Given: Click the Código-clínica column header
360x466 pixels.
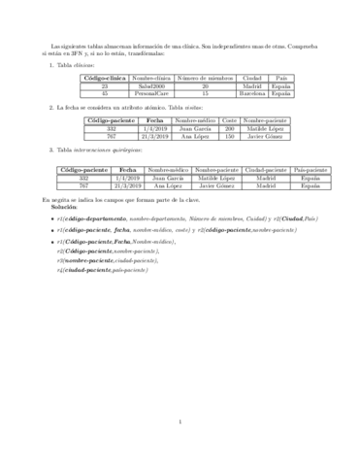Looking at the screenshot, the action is pos(100,77).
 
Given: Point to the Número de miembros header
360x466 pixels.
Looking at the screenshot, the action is pos(204,77).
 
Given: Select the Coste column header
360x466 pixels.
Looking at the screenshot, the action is pos(230,119).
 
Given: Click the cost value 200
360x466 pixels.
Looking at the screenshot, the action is pos(230,128).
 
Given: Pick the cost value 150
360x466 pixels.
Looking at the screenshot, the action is pos(230,136).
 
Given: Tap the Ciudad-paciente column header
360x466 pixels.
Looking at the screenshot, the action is pos(261,170).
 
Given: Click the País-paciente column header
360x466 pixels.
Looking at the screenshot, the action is pos(311,170).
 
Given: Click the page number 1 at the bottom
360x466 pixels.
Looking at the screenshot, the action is pos(180,420).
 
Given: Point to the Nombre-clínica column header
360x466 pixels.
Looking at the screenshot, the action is pos(149,77).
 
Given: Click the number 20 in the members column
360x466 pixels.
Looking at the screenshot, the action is pos(204,85).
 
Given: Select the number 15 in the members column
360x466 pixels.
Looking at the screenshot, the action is pos(204,93).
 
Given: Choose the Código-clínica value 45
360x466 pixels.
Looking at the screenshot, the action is pos(100,93).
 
